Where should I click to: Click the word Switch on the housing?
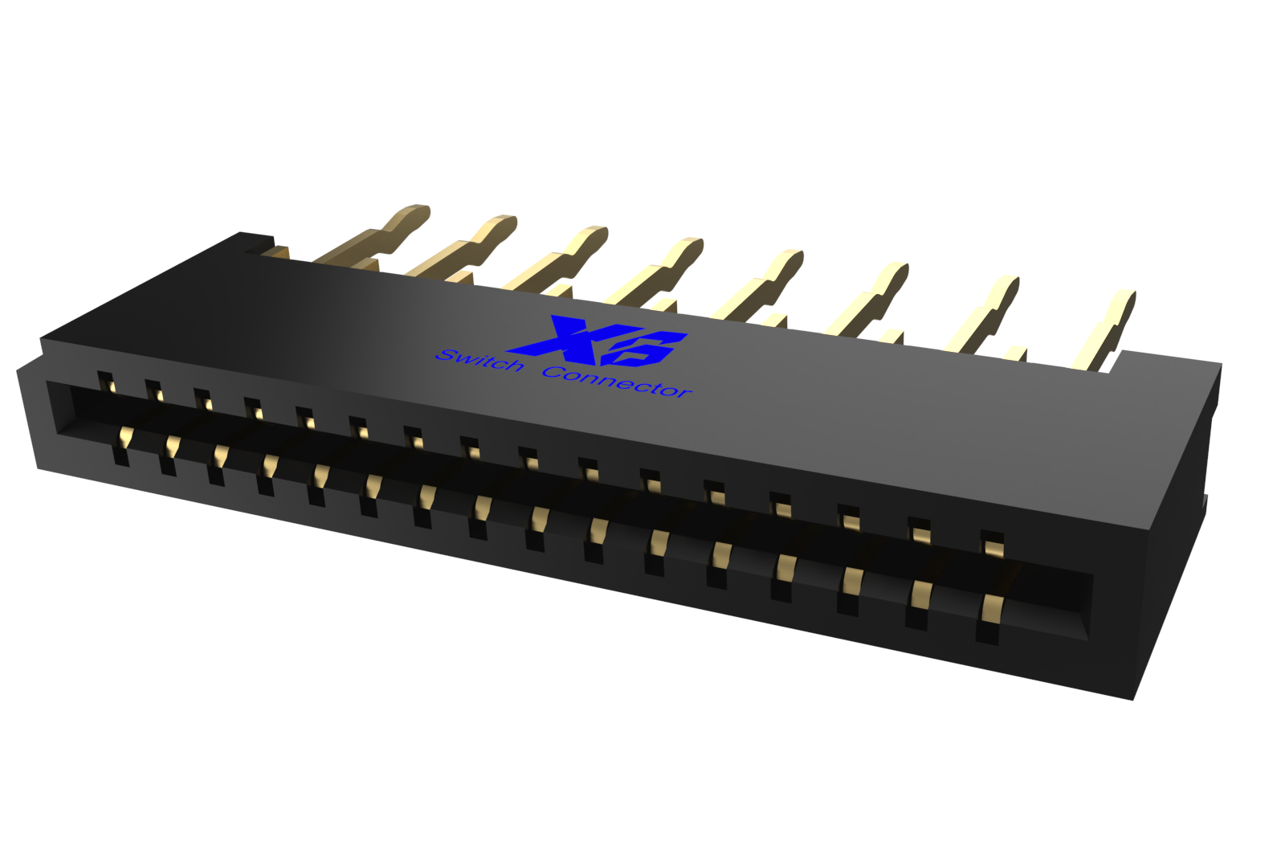(479, 361)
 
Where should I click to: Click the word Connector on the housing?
(616, 382)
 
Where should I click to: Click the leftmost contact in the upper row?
(106, 382)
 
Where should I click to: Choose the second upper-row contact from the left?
(155, 390)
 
